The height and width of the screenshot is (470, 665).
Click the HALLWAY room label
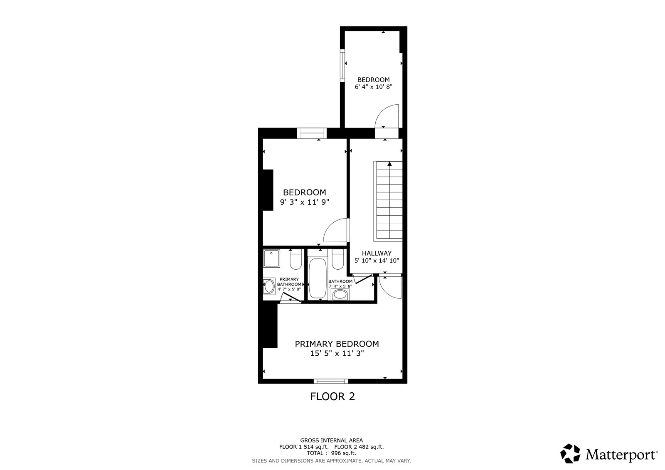pyautogui.click(x=377, y=253)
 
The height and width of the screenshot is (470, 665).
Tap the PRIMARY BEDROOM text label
pyautogui.click(x=337, y=344)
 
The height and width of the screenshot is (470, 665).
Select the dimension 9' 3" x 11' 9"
pyautogui.click(x=305, y=202)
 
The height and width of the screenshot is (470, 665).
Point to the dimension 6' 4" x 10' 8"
pyautogui.click(x=374, y=87)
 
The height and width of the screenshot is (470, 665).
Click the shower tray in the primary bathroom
pyautogui.click(x=271, y=258)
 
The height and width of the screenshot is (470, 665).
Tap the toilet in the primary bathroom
pyautogui.click(x=296, y=259)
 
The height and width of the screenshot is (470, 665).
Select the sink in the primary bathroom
pyautogui.click(x=269, y=286)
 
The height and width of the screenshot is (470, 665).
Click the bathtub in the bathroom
pyautogui.click(x=318, y=278)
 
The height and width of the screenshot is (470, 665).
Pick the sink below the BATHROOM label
pyautogui.click(x=340, y=295)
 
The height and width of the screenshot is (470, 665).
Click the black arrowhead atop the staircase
pyautogui.click(x=389, y=164)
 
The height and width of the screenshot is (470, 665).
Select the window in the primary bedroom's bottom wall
pyautogui.click(x=331, y=381)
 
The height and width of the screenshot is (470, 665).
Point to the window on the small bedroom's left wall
pyautogui.click(x=342, y=65)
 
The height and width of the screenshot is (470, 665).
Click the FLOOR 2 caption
pyautogui.click(x=332, y=396)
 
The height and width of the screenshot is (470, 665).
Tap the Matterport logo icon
pyautogui.click(x=570, y=453)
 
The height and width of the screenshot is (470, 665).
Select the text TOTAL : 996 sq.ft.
pyautogui.click(x=331, y=453)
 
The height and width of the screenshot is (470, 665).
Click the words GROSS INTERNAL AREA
pyautogui.click(x=331, y=440)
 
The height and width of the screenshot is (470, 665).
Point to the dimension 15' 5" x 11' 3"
pyautogui.click(x=337, y=353)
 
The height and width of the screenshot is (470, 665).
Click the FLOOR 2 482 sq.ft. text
pyautogui.click(x=359, y=447)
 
